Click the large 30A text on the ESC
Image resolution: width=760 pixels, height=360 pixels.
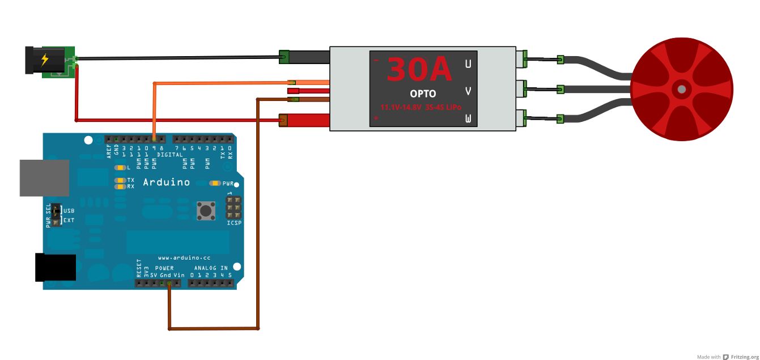click(x=419, y=70)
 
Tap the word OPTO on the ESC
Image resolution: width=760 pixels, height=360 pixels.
click(x=423, y=93)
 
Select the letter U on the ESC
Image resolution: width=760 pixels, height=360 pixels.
click(x=468, y=64)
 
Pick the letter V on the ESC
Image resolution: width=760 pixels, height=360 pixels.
click(x=468, y=91)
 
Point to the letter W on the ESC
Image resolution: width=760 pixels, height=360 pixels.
click(x=468, y=118)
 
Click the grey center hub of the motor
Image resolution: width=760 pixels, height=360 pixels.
click(x=681, y=89)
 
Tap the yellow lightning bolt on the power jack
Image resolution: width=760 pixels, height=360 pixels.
click(x=45, y=59)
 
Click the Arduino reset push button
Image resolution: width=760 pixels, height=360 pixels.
click(x=206, y=211)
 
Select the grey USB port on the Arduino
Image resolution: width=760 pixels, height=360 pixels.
click(x=44, y=178)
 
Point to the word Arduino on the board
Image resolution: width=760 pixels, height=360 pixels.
click(x=166, y=183)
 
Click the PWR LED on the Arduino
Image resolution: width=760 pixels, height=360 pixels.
click(x=215, y=183)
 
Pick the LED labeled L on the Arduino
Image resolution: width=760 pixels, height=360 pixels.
click(x=120, y=168)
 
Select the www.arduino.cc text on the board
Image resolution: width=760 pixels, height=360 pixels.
click(x=184, y=257)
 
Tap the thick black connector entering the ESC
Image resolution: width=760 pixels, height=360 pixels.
click(x=305, y=57)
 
